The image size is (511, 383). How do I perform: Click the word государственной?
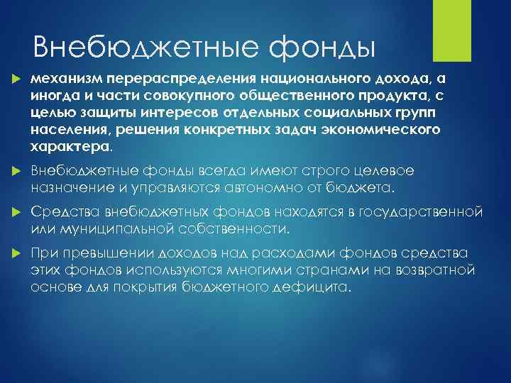pos(425,213)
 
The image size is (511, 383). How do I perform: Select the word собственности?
pos(235,230)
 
